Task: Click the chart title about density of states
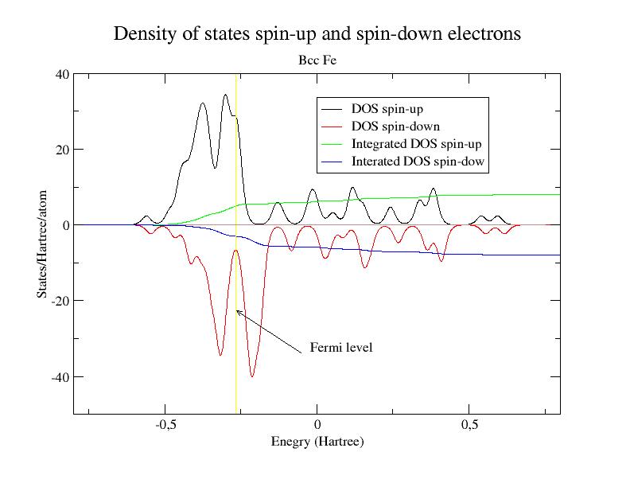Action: point(317,34)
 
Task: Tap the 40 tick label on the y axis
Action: point(60,74)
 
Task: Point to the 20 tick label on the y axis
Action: point(60,150)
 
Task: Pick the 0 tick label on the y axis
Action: point(64,225)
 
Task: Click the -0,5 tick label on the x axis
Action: point(165,426)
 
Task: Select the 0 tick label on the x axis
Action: point(317,426)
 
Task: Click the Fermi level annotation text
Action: point(341,348)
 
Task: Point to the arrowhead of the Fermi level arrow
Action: point(237,311)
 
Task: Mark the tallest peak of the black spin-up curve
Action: point(226,95)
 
